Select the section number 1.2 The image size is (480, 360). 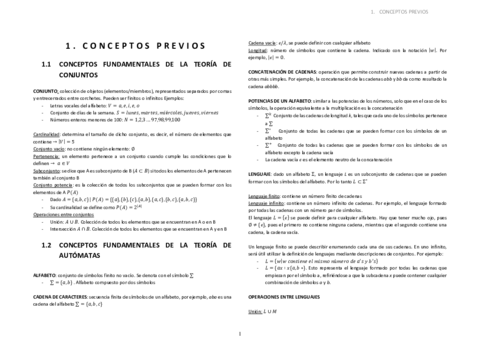pyautogui.click(x=45, y=242)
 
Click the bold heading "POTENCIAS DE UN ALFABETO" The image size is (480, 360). pyautogui.click(x=285, y=102)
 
